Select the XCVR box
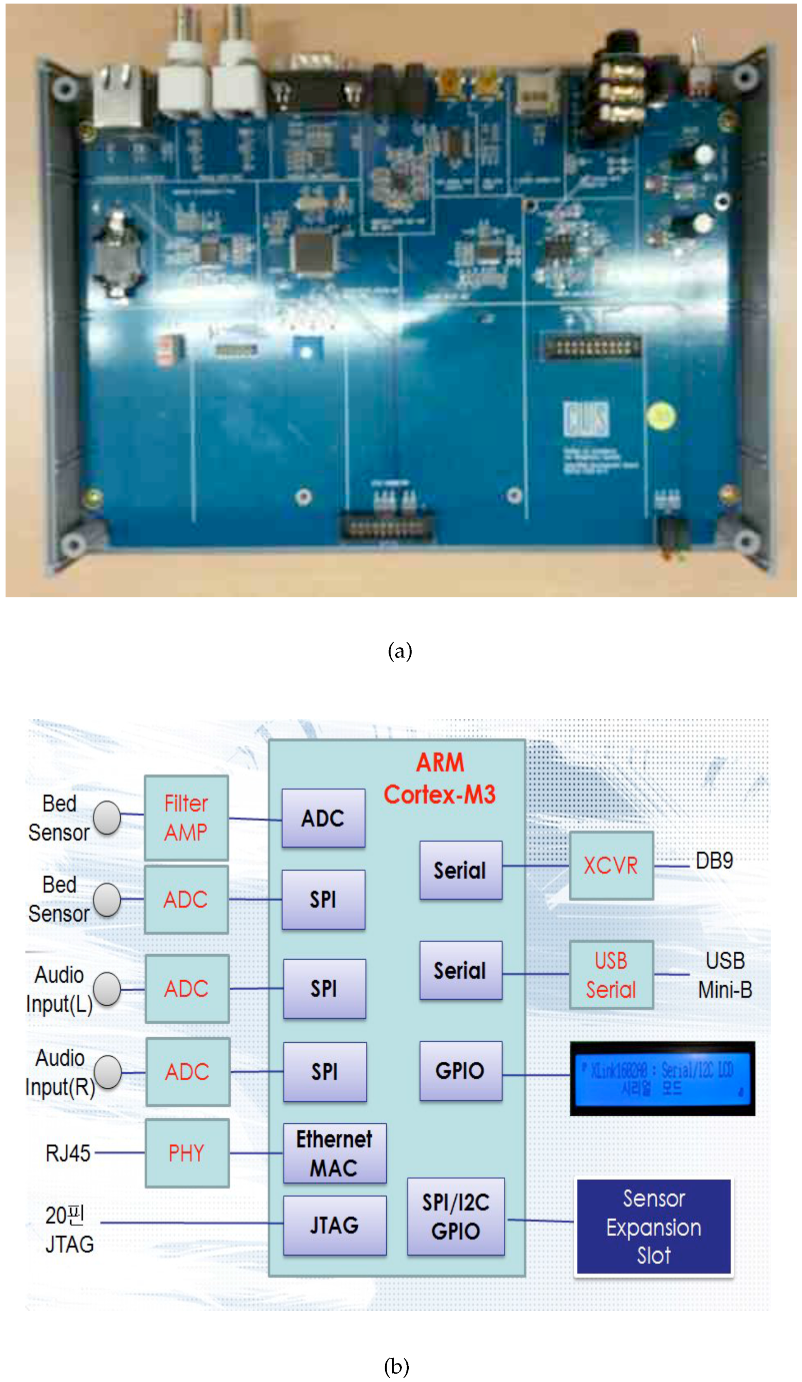click(610, 865)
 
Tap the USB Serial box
click(610, 974)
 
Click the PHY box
click(187, 1153)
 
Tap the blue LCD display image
click(662, 1078)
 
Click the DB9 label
click(714, 860)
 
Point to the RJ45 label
click(67, 1153)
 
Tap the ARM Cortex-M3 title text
click(439, 779)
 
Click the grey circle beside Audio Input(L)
click(107, 989)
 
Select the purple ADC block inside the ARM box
click(323, 818)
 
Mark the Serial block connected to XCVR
click(460, 870)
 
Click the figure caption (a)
click(399, 651)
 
